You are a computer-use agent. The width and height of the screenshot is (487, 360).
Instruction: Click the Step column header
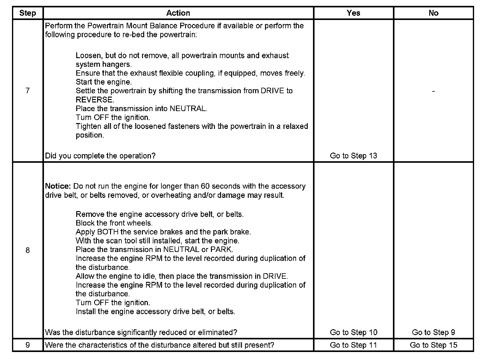click(x=28, y=13)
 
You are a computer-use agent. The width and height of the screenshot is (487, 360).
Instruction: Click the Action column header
click(x=178, y=13)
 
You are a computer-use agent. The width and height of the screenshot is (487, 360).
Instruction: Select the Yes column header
click(x=353, y=13)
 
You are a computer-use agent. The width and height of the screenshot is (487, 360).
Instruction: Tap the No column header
click(x=433, y=13)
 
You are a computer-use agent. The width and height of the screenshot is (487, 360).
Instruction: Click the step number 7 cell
click(x=28, y=90)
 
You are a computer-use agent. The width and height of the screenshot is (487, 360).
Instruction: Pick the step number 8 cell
click(x=28, y=250)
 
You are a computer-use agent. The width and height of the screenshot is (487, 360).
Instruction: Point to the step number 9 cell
click(x=28, y=345)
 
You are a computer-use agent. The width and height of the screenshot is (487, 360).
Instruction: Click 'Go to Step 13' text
click(x=353, y=156)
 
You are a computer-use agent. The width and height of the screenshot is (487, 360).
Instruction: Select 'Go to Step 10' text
click(x=353, y=332)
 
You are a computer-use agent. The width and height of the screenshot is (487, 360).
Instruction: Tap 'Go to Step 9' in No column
click(x=433, y=332)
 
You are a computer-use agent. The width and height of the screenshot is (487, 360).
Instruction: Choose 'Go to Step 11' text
click(x=353, y=345)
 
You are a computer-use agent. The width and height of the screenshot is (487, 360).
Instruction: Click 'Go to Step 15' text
click(x=433, y=345)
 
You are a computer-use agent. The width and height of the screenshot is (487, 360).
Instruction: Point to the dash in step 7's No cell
click(x=433, y=91)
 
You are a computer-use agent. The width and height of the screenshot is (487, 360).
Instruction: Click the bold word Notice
click(x=58, y=186)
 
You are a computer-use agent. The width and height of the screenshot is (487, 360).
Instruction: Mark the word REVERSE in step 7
click(x=94, y=100)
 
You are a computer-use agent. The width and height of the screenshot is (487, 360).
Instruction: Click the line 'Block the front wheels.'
click(x=114, y=223)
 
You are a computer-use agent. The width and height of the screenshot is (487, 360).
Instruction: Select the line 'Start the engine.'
click(x=104, y=82)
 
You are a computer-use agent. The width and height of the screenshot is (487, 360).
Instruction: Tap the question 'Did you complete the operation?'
click(x=100, y=156)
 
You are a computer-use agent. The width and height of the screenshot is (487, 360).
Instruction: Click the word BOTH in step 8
click(x=108, y=232)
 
